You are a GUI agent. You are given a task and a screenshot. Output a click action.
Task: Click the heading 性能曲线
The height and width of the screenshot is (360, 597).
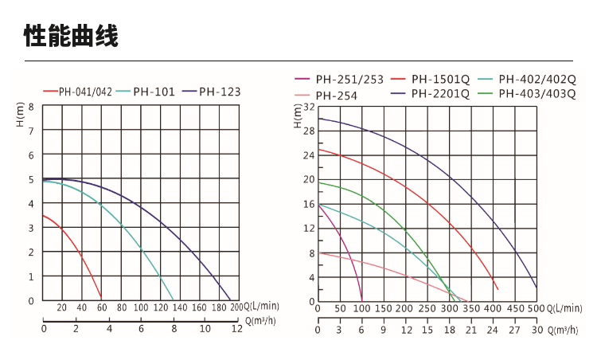[x=71, y=36]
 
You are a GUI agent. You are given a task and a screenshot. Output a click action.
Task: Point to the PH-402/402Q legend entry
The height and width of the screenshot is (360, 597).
[x=536, y=80]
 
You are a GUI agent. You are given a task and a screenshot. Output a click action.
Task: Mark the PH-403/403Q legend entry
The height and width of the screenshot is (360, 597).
[x=536, y=94]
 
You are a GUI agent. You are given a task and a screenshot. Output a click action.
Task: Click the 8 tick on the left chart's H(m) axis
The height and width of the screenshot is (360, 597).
[x=31, y=107]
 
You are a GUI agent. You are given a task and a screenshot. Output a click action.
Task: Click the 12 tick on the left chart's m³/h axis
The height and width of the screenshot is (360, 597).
[x=236, y=328]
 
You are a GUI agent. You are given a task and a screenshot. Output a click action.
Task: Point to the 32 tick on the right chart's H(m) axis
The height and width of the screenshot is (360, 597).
[x=310, y=107]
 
